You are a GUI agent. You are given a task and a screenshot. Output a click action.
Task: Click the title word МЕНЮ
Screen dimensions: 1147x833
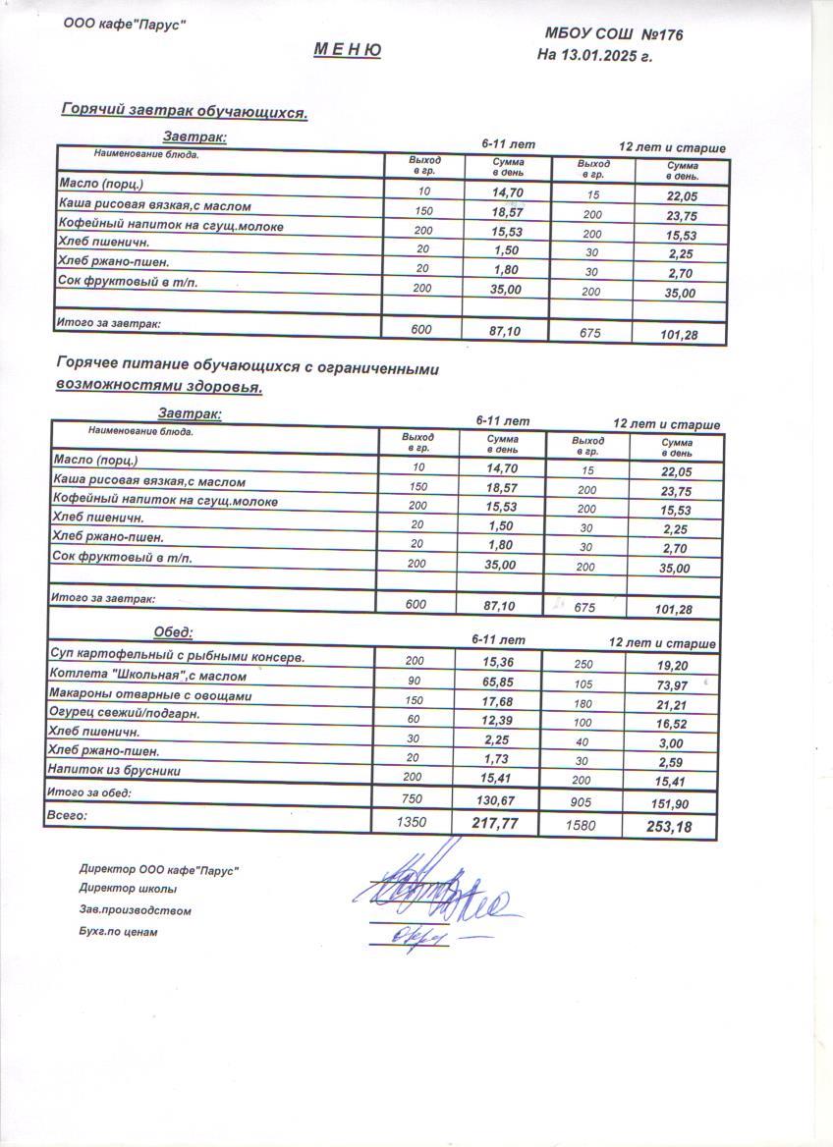pos(348,49)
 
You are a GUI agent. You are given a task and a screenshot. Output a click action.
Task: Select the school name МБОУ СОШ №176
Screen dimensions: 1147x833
pos(614,34)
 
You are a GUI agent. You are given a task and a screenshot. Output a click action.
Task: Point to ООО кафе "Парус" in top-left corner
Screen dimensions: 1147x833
pos(125,25)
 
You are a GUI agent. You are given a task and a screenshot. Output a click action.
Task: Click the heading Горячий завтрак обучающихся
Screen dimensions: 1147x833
pos(185,112)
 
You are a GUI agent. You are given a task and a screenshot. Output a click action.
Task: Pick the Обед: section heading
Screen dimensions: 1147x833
pos(173,631)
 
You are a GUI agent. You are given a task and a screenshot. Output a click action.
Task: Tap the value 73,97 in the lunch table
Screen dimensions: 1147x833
pos(677,683)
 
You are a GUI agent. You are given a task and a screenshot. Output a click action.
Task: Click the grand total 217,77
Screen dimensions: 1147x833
pos(495,823)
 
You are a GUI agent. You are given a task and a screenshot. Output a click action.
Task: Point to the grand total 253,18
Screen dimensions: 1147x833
pos(669,827)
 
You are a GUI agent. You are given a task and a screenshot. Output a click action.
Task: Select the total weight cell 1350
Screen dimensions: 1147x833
pos(411,822)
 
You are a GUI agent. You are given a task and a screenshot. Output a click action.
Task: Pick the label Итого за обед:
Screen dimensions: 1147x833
pos(89,792)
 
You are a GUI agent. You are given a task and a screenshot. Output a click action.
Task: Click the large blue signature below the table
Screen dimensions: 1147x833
pos(437,889)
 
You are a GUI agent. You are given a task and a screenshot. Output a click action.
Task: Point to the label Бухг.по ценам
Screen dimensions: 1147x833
pos(118,932)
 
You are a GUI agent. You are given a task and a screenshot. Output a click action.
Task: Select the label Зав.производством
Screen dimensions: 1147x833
pos(135,910)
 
